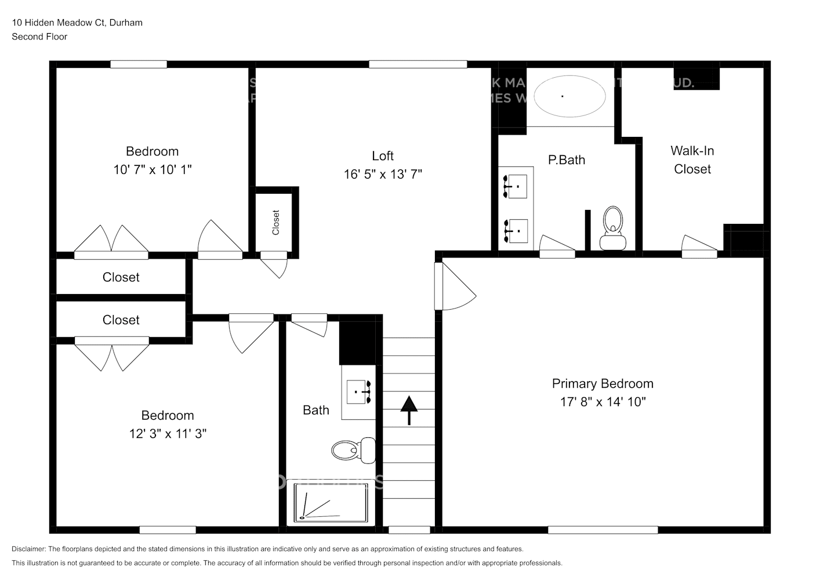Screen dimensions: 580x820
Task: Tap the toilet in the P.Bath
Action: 612,229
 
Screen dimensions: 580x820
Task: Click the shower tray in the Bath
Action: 331,502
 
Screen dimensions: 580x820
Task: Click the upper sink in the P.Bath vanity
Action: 517,186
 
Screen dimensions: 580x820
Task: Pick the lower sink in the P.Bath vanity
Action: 517,231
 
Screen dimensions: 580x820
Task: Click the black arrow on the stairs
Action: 409,409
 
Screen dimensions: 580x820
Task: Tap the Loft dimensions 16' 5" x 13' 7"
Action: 383,174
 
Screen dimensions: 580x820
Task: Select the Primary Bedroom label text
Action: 603,383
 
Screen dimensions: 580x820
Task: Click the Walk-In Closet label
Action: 692,159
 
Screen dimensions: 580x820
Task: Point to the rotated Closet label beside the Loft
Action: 276,222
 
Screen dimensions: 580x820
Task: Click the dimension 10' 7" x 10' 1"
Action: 153,169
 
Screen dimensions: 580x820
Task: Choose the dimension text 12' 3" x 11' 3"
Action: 168,433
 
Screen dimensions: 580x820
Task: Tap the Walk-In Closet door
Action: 699,247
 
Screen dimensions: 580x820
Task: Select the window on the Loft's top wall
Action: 418,64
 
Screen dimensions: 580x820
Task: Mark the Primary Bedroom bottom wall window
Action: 603,530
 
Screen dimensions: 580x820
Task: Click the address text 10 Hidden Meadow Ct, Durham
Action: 77,23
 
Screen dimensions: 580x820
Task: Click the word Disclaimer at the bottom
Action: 28,549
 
